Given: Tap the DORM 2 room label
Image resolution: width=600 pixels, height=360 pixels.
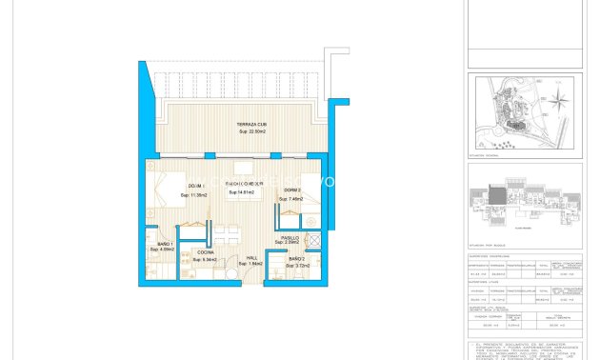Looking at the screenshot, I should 290,190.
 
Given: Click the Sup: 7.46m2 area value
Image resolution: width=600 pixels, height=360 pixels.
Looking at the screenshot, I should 290,199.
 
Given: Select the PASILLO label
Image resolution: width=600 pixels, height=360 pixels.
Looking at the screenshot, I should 290,238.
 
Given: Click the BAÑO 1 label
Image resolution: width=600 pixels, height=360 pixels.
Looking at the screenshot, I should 164,244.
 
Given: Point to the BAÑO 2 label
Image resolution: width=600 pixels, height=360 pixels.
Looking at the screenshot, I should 296,258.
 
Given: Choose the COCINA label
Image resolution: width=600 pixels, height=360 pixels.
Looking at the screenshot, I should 205,252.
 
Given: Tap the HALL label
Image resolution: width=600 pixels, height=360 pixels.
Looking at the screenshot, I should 252,257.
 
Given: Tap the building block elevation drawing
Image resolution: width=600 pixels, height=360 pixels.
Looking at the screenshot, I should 524,199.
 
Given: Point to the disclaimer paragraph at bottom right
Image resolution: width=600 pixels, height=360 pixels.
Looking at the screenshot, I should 525,350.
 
